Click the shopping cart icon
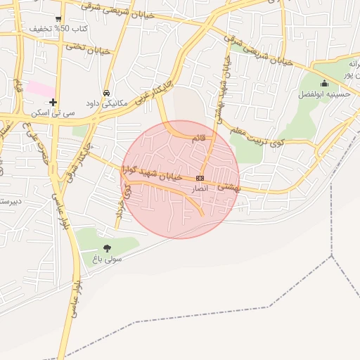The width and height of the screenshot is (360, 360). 58,19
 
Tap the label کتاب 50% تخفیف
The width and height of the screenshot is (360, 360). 58,30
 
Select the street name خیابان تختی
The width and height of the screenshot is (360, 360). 89,48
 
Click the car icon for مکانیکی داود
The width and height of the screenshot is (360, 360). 106,93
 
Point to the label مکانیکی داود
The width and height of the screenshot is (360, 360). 106,103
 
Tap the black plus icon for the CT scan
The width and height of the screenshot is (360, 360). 53,102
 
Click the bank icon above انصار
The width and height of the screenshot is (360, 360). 200,179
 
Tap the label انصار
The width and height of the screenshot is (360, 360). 200,189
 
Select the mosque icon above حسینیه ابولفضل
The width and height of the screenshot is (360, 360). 324,84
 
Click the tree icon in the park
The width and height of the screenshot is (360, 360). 107,248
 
